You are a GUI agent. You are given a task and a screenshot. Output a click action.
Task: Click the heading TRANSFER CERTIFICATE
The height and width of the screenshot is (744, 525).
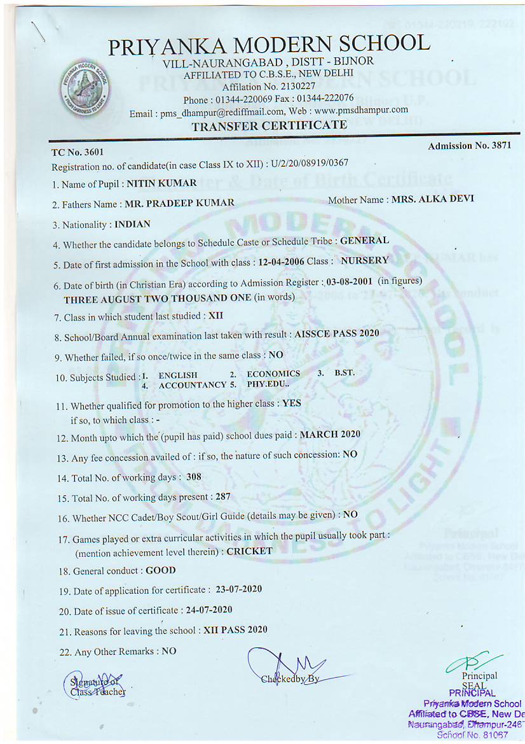click(269, 126)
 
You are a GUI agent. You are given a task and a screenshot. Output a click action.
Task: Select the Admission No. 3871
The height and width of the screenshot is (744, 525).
click(469, 146)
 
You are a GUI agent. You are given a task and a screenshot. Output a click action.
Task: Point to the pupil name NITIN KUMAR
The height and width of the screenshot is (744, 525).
click(161, 183)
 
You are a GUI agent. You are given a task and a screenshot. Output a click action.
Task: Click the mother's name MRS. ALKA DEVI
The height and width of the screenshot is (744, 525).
click(432, 199)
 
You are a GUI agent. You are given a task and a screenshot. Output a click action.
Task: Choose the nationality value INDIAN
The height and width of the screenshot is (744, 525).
click(132, 225)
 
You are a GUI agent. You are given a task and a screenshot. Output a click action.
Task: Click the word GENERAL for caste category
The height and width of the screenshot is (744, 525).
click(364, 241)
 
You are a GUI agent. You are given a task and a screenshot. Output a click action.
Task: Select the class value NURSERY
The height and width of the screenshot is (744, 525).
click(365, 261)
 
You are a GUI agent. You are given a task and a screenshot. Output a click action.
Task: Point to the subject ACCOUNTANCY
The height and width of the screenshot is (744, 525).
click(193, 385)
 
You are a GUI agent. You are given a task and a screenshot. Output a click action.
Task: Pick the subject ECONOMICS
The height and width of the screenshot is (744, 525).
click(273, 374)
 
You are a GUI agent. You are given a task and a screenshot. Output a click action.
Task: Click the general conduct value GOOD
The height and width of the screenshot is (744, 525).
click(160, 571)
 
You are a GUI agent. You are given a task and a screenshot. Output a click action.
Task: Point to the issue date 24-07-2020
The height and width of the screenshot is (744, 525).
click(209, 610)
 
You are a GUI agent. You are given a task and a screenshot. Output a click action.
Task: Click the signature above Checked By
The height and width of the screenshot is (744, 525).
click(289, 665)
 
